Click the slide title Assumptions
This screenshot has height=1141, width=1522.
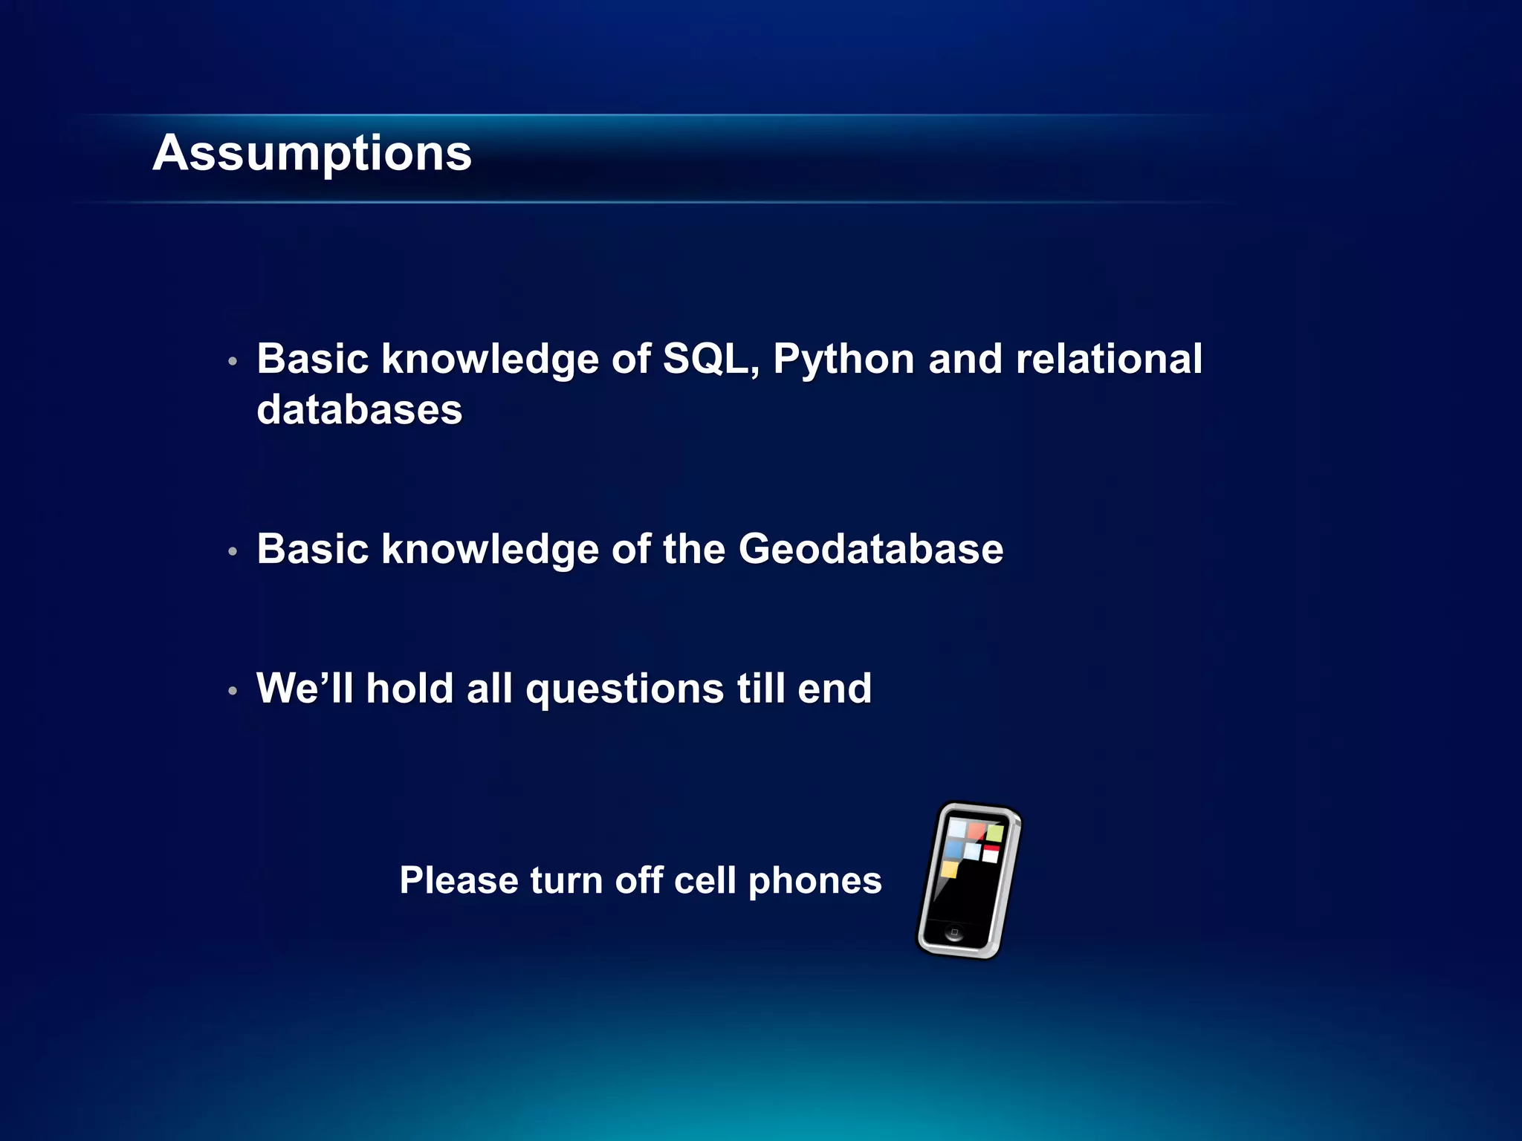tap(312, 154)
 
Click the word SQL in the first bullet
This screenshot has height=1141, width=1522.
tap(710, 360)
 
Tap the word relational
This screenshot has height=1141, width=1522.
tap(1108, 360)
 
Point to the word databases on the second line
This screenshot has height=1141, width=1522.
tap(359, 410)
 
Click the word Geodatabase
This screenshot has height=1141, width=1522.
tap(870, 550)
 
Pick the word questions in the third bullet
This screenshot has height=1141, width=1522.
tap(624, 690)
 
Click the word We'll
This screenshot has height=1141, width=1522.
tap(304, 689)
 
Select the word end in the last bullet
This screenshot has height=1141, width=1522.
tap(834, 689)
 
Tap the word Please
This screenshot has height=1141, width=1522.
tap(459, 881)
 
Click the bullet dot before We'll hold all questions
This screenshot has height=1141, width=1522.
tap(233, 692)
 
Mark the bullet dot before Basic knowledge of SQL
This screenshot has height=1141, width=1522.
tap(233, 362)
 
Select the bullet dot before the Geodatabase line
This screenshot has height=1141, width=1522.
tap(233, 552)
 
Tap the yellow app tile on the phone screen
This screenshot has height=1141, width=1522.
tap(949, 869)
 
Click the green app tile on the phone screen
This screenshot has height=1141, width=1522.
tap(995, 833)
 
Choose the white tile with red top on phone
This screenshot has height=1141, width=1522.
tap(991, 853)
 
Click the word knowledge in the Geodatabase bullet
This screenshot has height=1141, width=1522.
tap(490, 550)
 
